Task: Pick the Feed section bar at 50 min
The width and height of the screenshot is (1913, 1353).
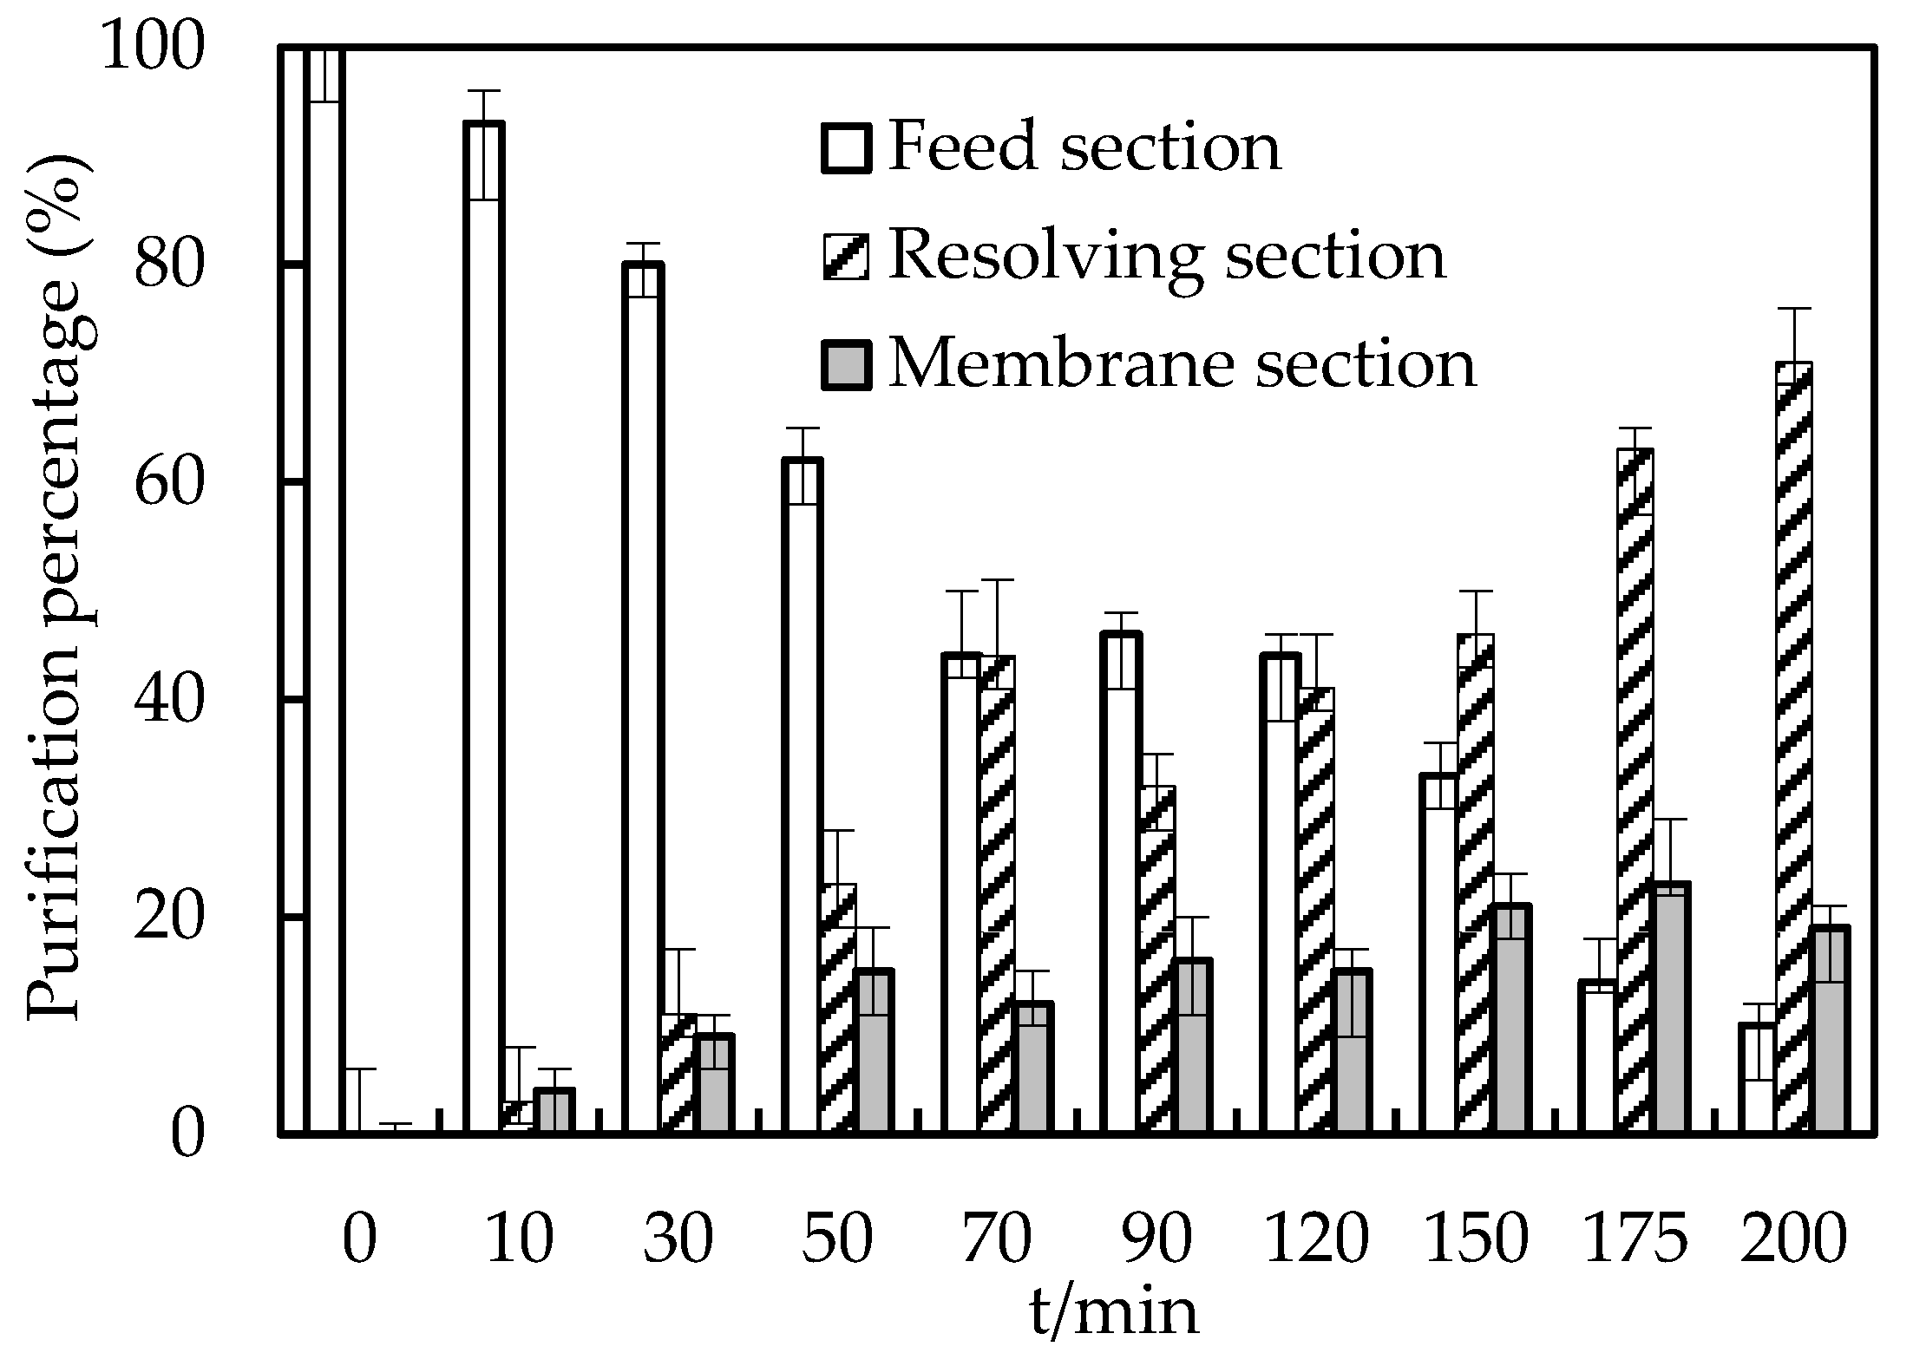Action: pyautogui.click(x=803, y=798)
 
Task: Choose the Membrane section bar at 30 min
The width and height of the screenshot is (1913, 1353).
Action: pyautogui.click(x=714, y=1084)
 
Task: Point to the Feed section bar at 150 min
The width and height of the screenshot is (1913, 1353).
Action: pyautogui.click(x=1439, y=954)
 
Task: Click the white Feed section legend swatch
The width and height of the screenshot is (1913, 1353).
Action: pyautogui.click(x=846, y=148)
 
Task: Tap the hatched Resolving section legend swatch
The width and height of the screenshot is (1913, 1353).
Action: pyautogui.click(x=846, y=257)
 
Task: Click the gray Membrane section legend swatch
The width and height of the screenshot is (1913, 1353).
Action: pyautogui.click(x=846, y=365)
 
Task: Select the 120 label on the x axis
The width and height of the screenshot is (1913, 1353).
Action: pyautogui.click(x=1316, y=1240)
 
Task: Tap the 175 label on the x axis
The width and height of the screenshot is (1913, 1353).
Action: pyautogui.click(x=1635, y=1240)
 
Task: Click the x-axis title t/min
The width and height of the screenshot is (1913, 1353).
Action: pyautogui.click(x=1113, y=1312)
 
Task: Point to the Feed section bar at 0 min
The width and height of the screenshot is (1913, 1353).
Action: pyautogui.click(x=325, y=590)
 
